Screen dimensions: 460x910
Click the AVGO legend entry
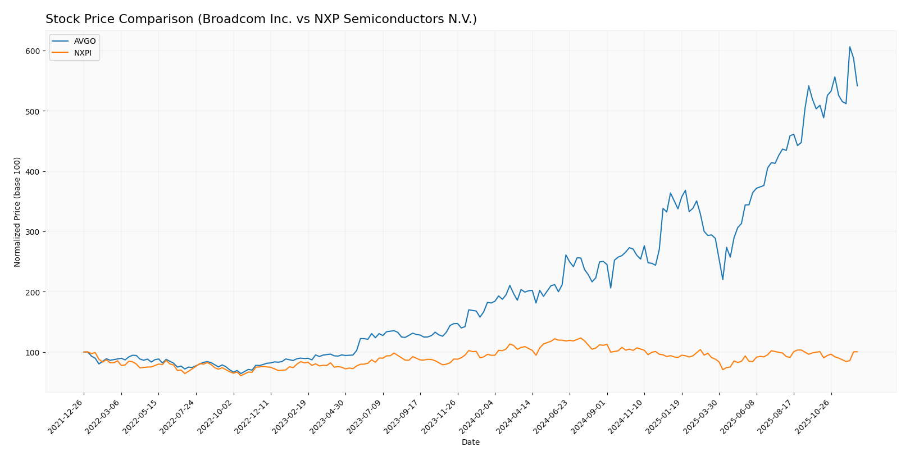click(x=84, y=42)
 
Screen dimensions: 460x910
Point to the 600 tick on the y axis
click(x=33, y=51)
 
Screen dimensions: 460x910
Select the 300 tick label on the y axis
click(x=33, y=232)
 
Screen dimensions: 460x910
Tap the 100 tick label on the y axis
click(x=33, y=353)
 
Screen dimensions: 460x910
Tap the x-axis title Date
click(x=470, y=443)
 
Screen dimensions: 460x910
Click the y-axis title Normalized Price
click(x=17, y=212)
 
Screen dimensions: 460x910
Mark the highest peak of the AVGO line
click(x=849, y=47)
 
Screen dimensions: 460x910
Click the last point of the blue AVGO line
click(x=857, y=86)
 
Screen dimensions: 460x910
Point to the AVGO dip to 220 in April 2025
click(x=722, y=280)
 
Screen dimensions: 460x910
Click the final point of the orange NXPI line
click(x=857, y=352)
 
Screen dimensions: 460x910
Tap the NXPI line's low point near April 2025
click(x=722, y=369)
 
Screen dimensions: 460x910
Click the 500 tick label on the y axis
click(x=33, y=111)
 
